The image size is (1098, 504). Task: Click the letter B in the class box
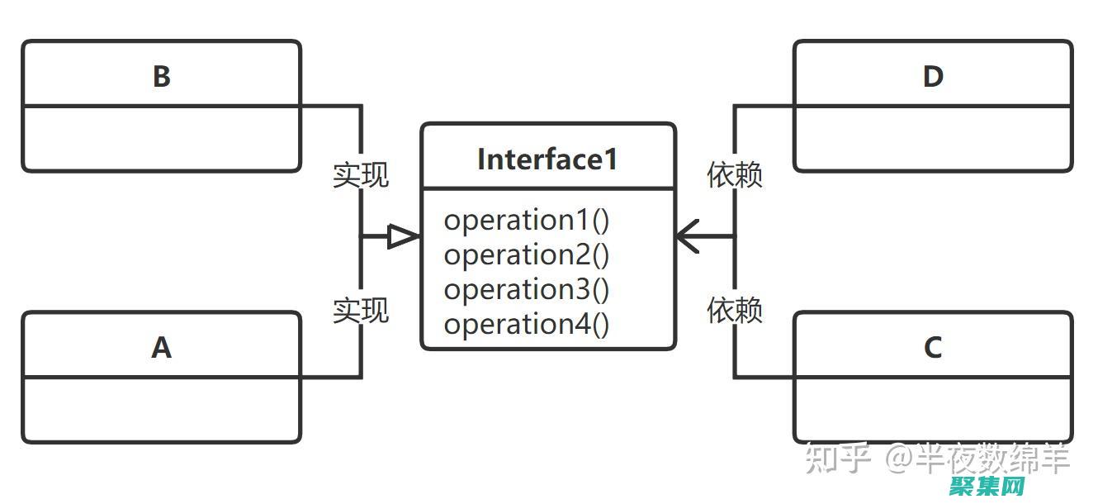(161, 76)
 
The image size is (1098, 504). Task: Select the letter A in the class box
(161, 348)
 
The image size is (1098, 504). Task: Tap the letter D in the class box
(933, 76)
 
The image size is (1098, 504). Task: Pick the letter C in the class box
(933, 348)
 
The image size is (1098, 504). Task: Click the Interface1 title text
(547, 159)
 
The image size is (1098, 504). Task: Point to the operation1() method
(527, 221)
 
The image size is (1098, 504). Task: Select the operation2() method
(527, 255)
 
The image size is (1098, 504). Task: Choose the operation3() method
(527, 290)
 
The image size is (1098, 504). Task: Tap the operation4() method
(527, 325)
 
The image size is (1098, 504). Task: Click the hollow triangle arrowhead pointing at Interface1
(403, 237)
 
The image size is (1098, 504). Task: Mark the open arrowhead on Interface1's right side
(688, 236)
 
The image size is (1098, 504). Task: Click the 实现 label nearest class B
(361, 175)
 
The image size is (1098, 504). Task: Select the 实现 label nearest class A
(361, 311)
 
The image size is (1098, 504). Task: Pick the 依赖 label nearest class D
(735, 175)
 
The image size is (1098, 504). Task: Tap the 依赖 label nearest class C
(735, 311)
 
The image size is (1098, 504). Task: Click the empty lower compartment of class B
(161, 138)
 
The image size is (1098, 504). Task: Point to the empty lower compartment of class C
(933, 409)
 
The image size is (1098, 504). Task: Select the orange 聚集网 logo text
(987, 487)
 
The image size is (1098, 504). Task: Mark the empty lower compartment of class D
(933, 138)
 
